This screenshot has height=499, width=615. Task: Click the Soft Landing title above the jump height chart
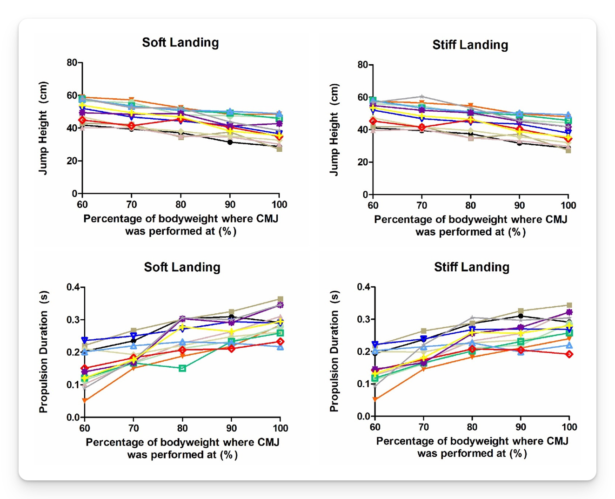(180, 42)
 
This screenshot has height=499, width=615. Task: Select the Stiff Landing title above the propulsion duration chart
(471, 267)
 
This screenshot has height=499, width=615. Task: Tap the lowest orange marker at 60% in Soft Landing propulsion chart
(85, 400)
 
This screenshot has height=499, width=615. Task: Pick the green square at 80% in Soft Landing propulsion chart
(183, 368)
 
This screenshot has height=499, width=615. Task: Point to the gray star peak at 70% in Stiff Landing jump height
(421, 97)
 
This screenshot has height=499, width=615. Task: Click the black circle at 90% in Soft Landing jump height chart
(230, 142)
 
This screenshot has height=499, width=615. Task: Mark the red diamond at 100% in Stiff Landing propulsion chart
(569, 354)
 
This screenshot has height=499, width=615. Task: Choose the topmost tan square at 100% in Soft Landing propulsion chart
(280, 299)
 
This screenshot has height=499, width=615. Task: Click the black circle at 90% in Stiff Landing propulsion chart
(521, 316)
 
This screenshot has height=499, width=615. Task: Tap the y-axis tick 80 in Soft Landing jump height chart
(71, 62)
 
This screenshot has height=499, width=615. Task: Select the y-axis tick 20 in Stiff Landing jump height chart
(361, 162)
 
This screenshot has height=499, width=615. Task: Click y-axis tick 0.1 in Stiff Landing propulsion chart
(362, 384)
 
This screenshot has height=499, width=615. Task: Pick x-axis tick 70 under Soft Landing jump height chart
(132, 204)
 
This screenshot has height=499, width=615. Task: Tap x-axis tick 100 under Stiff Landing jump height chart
(568, 205)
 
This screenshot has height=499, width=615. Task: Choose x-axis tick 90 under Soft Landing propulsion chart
(231, 428)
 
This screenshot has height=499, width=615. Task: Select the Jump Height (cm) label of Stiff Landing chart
(334, 130)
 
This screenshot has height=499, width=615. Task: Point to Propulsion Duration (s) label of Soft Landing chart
(43, 352)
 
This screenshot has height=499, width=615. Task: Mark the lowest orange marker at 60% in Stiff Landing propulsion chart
(375, 399)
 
